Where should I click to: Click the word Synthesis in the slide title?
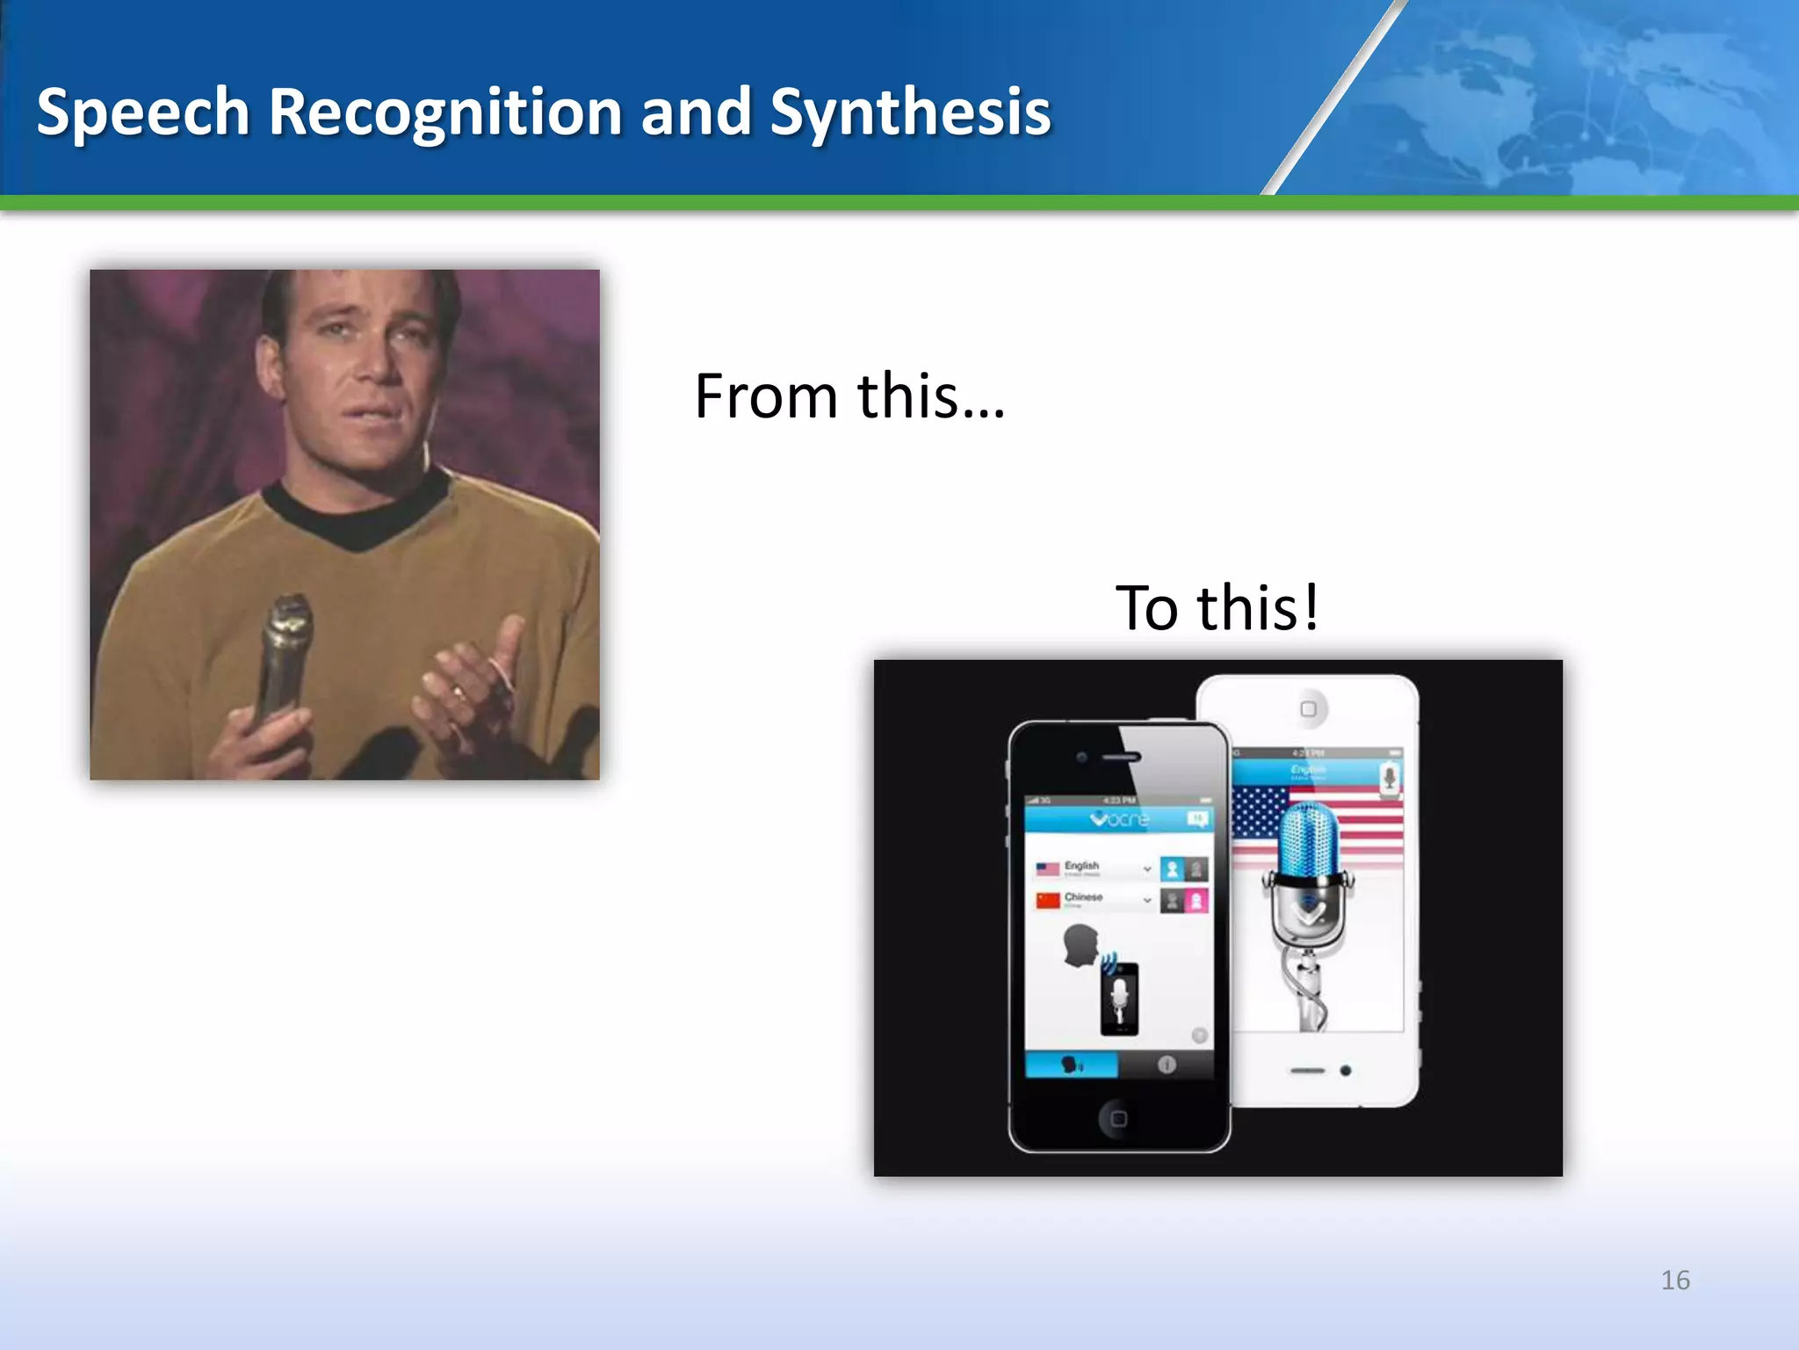pyautogui.click(x=909, y=112)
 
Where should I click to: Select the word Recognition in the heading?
pyautogui.click(x=445, y=112)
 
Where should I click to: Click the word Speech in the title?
pyautogui.click(x=143, y=112)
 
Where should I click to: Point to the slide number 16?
pyautogui.click(x=1675, y=1280)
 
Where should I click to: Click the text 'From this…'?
pyautogui.click(x=849, y=396)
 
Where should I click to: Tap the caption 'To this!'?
pyautogui.click(x=1217, y=607)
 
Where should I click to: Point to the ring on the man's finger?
pyautogui.click(x=459, y=692)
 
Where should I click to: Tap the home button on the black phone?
pyautogui.click(x=1118, y=1119)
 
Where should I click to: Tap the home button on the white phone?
pyautogui.click(x=1308, y=709)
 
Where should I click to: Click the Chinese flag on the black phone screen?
pyautogui.click(x=1048, y=900)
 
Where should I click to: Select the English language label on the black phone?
pyautogui.click(x=1081, y=866)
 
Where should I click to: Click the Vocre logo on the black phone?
pyautogui.click(x=1119, y=819)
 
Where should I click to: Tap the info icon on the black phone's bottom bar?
pyautogui.click(x=1167, y=1064)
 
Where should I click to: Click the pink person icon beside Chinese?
pyautogui.click(x=1196, y=900)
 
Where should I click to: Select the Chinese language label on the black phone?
pyautogui.click(x=1083, y=897)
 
